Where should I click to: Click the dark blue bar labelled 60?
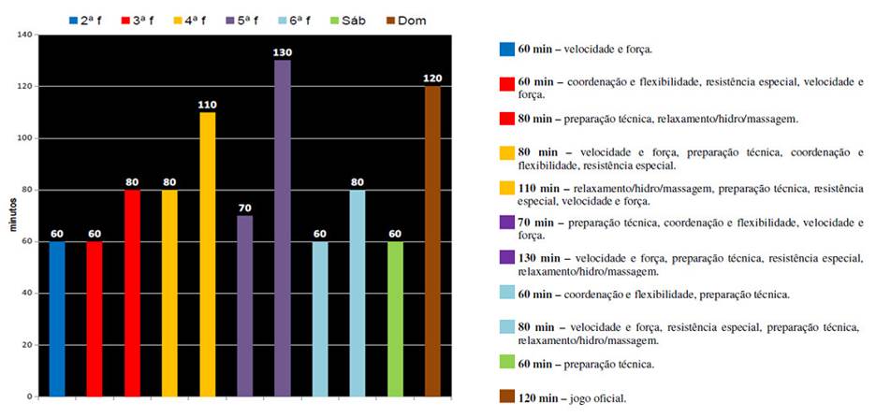click(x=57, y=319)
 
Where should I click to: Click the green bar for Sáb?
click(x=395, y=319)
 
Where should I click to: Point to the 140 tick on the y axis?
click(x=24, y=35)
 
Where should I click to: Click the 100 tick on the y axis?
click(x=24, y=138)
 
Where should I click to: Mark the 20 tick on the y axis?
click(x=28, y=345)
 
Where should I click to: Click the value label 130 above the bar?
click(x=283, y=52)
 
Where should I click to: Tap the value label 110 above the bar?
click(x=208, y=105)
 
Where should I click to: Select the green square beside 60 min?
click(x=507, y=363)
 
